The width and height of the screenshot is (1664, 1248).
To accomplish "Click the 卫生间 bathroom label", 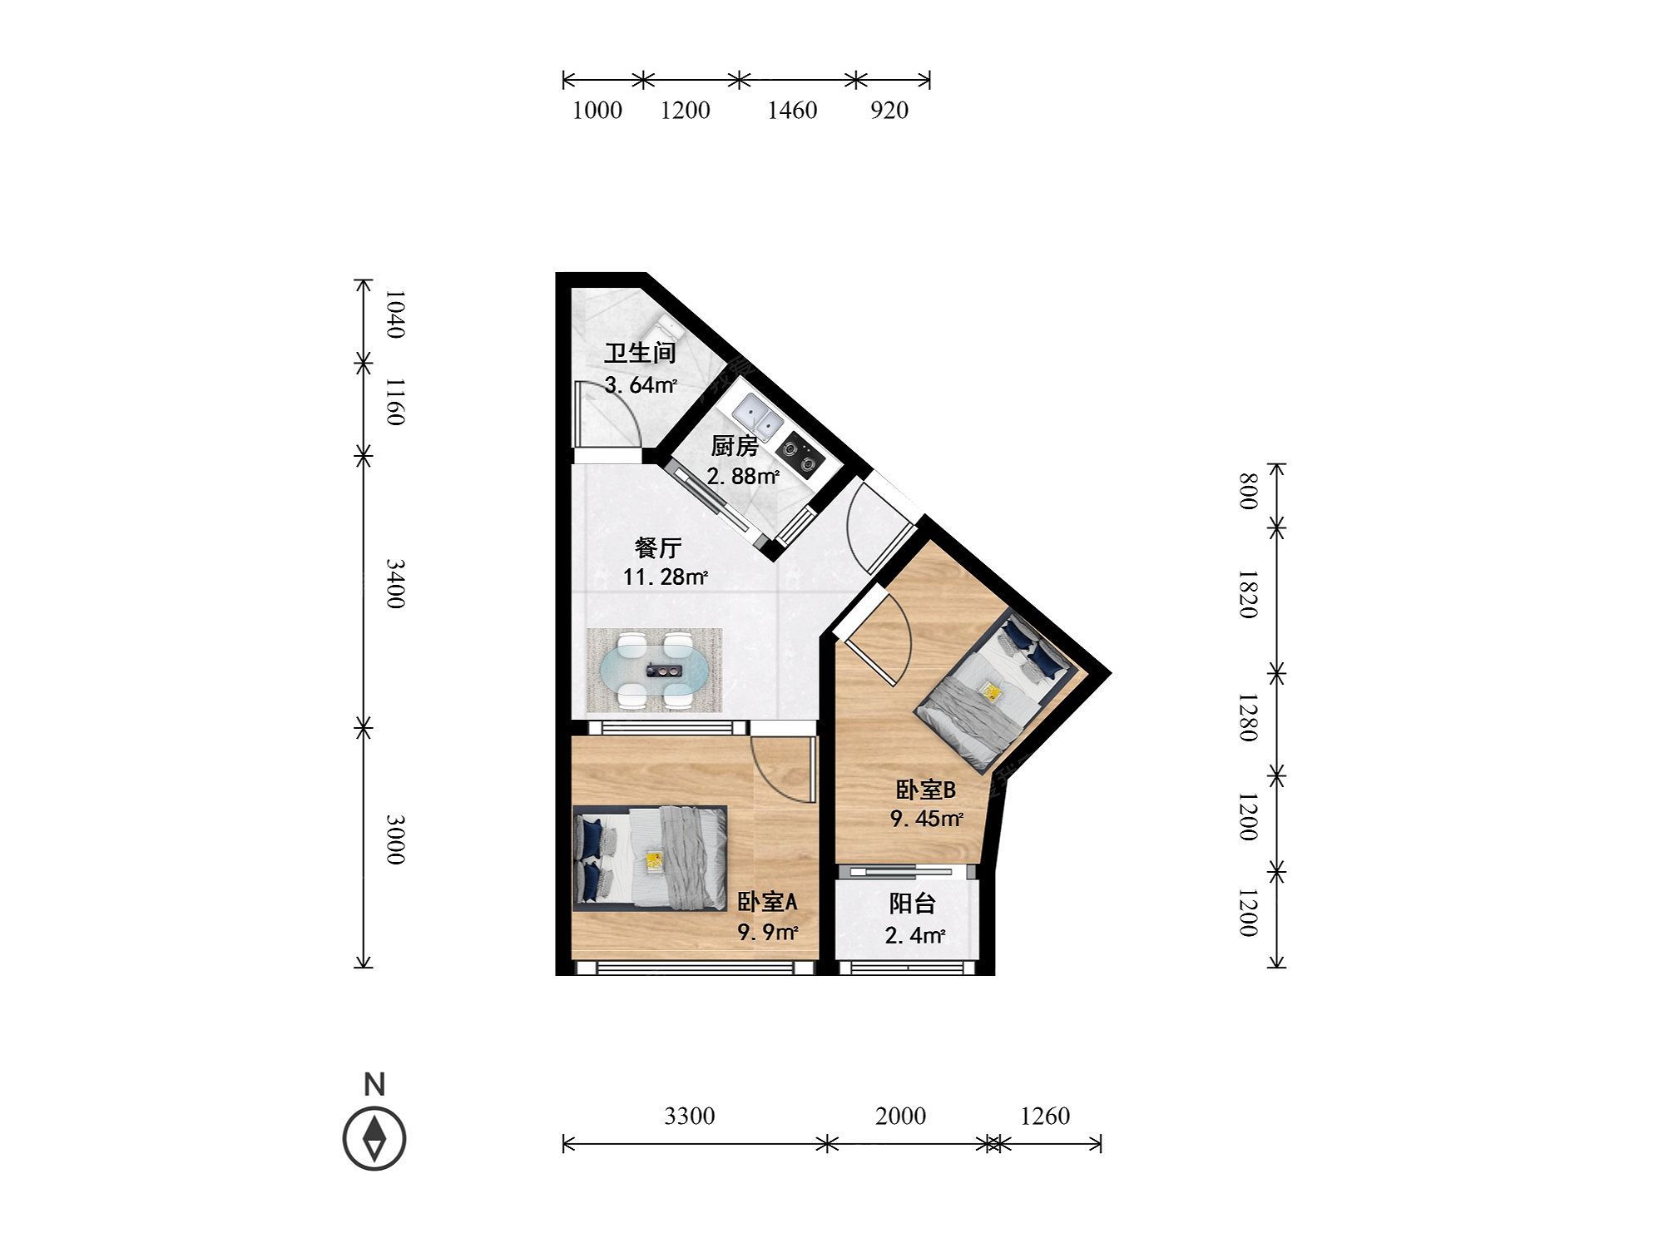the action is click(x=639, y=354).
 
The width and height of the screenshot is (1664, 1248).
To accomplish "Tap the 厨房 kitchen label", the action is click(x=734, y=447).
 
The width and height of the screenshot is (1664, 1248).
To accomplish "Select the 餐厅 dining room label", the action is click(x=658, y=547).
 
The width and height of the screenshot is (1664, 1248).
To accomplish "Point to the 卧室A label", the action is click(x=767, y=902).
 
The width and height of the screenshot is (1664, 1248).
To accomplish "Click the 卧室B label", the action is click(x=925, y=790).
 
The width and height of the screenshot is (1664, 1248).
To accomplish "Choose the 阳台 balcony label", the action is click(x=913, y=904).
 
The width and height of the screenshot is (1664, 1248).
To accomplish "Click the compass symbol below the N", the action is click(x=374, y=1137).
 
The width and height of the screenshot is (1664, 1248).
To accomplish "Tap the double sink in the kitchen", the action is click(x=758, y=416).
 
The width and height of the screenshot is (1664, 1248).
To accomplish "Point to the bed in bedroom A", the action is click(x=650, y=858).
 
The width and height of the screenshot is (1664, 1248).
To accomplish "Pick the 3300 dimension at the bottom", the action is click(x=690, y=1116).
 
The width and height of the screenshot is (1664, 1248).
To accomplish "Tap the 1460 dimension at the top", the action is click(x=792, y=110).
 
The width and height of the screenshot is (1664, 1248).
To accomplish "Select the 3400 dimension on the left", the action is click(x=396, y=584).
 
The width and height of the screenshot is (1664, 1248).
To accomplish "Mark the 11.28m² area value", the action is click(x=666, y=577).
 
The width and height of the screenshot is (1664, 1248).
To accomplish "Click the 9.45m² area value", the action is click(x=927, y=819).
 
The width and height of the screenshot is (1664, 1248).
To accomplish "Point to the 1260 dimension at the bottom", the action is click(x=1045, y=1116).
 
